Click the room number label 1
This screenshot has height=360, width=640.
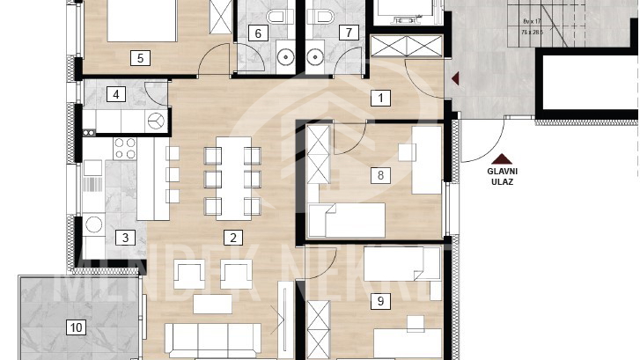[380, 98]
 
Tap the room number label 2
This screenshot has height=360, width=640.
[232, 237]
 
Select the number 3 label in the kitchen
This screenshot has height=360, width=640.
[125, 237]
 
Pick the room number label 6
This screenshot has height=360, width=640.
[258, 33]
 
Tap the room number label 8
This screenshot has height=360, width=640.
[380, 175]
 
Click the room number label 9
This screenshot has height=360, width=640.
[380, 302]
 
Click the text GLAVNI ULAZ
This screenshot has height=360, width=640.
[500, 176]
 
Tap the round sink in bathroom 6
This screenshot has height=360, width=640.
[286, 59]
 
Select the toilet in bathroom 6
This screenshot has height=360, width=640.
[278, 15]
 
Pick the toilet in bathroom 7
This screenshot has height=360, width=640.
[323, 15]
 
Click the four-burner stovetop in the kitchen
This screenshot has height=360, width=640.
[124, 148]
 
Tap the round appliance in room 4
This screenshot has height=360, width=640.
[157, 121]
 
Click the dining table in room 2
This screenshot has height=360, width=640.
[232, 180]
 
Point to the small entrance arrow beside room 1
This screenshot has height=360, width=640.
[454, 79]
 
